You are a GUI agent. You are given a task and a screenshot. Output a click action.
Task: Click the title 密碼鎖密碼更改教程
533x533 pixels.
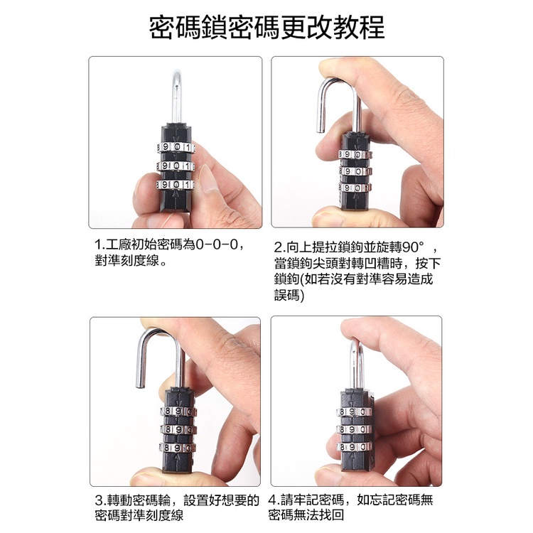tap(266, 28)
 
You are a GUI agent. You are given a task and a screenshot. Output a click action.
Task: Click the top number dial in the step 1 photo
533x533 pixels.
tap(176, 148)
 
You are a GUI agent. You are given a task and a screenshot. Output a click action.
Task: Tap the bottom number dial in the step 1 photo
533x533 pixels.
tap(176, 185)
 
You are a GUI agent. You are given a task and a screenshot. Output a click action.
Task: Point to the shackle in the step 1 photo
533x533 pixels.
tap(177, 96)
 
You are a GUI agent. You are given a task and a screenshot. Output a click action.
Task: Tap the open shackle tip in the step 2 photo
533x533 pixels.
tap(321, 129)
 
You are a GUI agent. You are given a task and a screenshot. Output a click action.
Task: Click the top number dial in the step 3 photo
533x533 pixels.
tap(178, 411)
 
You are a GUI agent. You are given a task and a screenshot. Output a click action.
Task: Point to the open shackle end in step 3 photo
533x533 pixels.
tap(140, 384)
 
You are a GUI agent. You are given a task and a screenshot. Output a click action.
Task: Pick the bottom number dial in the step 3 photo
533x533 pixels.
tap(177, 448)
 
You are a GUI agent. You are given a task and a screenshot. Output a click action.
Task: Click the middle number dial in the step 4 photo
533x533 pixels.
tap(354, 429)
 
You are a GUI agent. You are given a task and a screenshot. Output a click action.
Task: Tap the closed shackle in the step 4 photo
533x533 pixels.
tap(357, 364)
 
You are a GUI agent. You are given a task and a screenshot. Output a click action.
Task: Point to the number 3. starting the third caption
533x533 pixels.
tap(101, 500)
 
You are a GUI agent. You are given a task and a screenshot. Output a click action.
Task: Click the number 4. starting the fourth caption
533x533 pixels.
tap(274, 500)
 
